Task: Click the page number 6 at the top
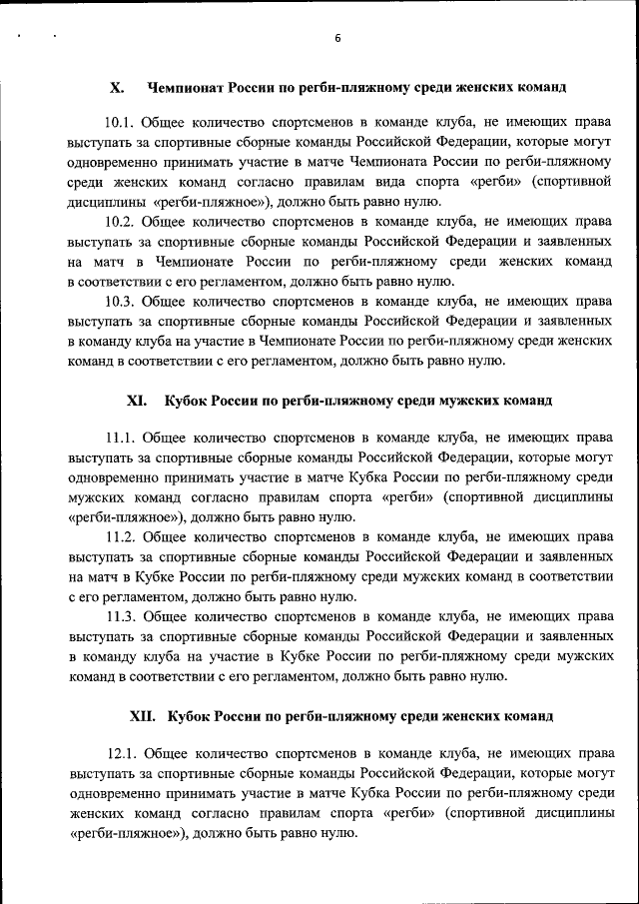pyautogui.click(x=337, y=38)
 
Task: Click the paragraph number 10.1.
pyautogui.click(x=120, y=122)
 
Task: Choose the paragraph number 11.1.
pyautogui.click(x=120, y=437)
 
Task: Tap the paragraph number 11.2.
pyautogui.click(x=120, y=536)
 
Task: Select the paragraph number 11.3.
pyautogui.click(x=120, y=615)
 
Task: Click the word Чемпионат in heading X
pyautogui.click(x=189, y=88)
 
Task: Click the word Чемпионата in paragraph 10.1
pyautogui.click(x=390, y=161)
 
